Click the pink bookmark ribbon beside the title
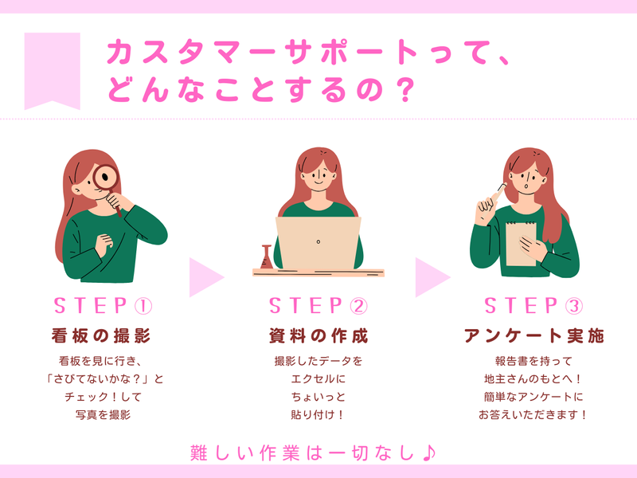[52, 69]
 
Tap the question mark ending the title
[404, 90]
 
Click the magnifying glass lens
[105, 177]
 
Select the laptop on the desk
[318, 243]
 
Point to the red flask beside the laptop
[267, 257]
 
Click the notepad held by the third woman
[521, 244]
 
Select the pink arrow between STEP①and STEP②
[206, 277]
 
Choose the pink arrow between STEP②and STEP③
[432, 277]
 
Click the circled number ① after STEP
[143, 307]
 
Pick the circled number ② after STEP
[359, 307]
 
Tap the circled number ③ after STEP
[574, 307]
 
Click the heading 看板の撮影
[101, 336]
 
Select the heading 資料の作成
[318, 336]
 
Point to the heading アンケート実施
[533, 336]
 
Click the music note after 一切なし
[429, 453]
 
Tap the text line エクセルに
[318, 379]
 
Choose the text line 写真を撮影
[103, 414]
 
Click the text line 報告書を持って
[533, 361]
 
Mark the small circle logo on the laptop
[318, 242]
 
